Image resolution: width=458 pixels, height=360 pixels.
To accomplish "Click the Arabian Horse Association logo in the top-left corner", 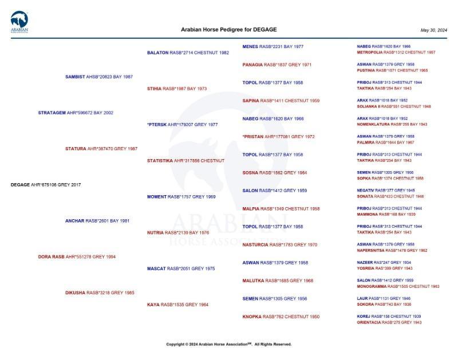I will (x=19, y=22).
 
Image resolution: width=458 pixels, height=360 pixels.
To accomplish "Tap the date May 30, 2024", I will (x=433, y=30).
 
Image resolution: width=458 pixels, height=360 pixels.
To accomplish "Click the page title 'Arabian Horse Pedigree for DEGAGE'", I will (x=228, y=29).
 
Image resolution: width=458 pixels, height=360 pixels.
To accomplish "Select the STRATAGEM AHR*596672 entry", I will (x=76, y=113).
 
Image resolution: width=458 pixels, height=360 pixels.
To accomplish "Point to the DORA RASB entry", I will (x=77, y=257).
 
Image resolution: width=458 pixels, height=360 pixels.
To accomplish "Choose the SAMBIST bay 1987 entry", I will (x=99, y=77).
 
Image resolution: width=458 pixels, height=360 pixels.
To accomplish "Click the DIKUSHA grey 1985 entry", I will (x=100, y=293).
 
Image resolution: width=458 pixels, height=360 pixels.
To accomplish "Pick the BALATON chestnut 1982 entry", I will (x=188, y=53).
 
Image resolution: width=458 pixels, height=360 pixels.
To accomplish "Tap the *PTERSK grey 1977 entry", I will (x=182, y=125).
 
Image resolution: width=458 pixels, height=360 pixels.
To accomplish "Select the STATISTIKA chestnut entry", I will (x=185, y=161).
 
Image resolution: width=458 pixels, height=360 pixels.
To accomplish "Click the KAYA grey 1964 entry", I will (x=177, y=305).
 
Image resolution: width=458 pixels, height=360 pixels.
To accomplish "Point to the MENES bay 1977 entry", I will (x=273, y=46).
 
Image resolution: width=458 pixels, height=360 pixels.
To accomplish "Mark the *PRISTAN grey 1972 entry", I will (x=278, y=137).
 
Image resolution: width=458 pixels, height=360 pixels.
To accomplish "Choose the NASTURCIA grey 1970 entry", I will (x=279, y=245).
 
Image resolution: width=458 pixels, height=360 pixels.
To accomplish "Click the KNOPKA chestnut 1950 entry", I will (x=281, y=317).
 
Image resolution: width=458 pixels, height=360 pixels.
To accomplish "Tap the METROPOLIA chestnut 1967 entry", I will (x=396, y=52).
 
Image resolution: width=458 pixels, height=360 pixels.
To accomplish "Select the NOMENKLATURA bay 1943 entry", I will (x=392, y=124).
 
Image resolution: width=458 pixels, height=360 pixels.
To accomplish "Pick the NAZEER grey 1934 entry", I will (x=384, y=263).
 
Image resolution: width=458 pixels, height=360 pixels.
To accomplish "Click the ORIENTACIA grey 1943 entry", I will (x=389, y=322).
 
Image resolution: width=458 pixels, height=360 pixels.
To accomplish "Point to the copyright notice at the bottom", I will (x=228, y=345).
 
